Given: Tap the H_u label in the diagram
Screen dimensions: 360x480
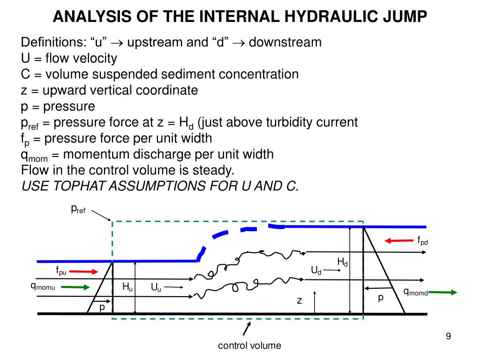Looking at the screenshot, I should click(127, 287).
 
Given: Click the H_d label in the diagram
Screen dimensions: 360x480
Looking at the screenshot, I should click(342, 262).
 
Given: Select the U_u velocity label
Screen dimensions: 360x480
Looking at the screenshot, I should click(156, 287).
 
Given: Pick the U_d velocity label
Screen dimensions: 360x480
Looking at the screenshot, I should click(316, 270).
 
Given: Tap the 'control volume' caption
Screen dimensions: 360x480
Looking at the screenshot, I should click(250, 345).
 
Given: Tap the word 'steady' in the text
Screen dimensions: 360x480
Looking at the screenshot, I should click(216, 170).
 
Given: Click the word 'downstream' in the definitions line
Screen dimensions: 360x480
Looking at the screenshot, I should click(285, 42).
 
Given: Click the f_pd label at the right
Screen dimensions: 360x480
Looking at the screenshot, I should click(423, 241).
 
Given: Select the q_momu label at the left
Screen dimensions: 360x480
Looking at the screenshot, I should click(43, 287).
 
